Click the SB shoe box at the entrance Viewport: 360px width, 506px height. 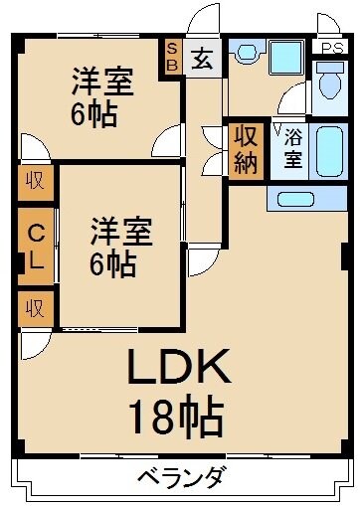pyautogui.click(x=172, y=57)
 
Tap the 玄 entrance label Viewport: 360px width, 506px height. pyautogui.click(x=202, y=58)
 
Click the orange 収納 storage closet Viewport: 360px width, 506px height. pyautogui.click(x=246, y=149)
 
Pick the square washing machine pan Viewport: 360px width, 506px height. pyautogui.click(x=285, y=56)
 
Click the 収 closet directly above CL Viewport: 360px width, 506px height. pyautogui.click(x=34, y=183)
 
